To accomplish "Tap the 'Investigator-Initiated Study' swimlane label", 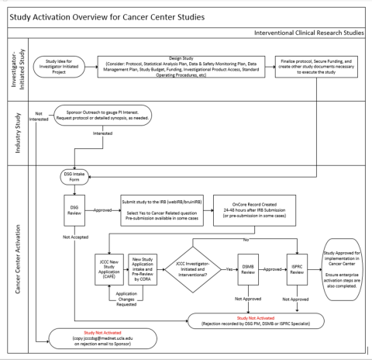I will click(x=16, y=71).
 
